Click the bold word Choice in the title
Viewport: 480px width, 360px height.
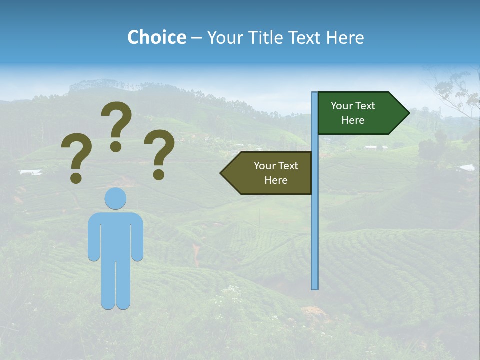click(x=156, y=37)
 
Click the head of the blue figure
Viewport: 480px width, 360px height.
click(x=115, y=198)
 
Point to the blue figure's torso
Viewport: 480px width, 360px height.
click(x=115, y=235)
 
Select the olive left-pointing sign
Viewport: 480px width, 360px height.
click(x=270, y=173)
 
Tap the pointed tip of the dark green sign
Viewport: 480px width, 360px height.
click(x=408, y=113)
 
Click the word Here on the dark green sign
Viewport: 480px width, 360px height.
click(x=353, y=120)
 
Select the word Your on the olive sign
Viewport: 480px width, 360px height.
click(x=264, y=166)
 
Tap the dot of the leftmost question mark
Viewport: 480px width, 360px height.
click(x=76, y=177)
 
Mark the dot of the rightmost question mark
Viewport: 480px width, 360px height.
click(x=159, y=175)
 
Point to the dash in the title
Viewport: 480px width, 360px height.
click(x=196, y=38)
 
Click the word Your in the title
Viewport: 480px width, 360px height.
click(x=224, y=37)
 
